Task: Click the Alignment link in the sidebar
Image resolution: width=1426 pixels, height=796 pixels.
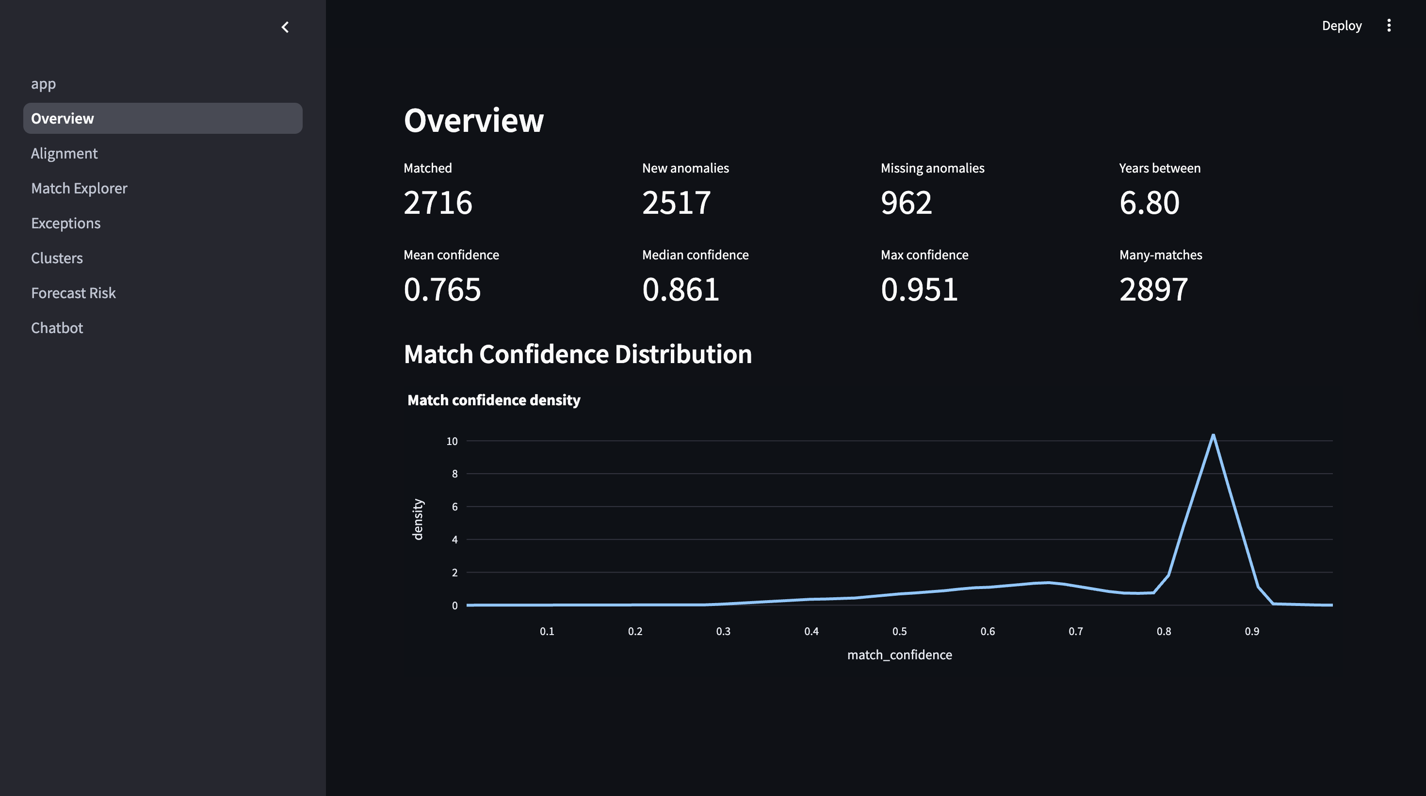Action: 64,153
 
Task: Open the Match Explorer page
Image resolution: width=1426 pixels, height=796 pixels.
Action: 79,188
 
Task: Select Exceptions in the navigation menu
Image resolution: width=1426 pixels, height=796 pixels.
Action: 66,223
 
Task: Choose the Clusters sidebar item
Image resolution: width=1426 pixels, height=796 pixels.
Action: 57,258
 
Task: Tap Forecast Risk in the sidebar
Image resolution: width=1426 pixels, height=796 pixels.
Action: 74,293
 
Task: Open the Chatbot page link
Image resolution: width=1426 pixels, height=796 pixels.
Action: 57,328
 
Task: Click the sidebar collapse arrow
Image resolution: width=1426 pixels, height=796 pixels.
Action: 285,27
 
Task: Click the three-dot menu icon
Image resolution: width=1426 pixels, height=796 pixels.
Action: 1388,25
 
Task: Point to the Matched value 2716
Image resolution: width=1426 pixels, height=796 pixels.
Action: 438,203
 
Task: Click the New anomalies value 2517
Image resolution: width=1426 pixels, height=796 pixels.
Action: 677,203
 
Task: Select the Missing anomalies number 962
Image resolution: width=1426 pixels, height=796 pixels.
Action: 906,203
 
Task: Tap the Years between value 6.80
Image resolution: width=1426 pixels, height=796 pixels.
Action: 1149,203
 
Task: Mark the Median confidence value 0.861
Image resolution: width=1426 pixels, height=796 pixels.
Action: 681,289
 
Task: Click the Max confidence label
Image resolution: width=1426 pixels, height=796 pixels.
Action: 924,255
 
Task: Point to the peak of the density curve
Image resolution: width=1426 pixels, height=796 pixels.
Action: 1213,435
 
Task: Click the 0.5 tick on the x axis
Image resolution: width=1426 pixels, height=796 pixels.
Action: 900,631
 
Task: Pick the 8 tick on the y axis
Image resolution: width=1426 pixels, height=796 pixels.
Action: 454,474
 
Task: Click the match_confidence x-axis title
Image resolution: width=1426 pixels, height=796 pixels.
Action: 900,655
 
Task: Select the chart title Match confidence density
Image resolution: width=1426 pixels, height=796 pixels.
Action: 494,400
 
